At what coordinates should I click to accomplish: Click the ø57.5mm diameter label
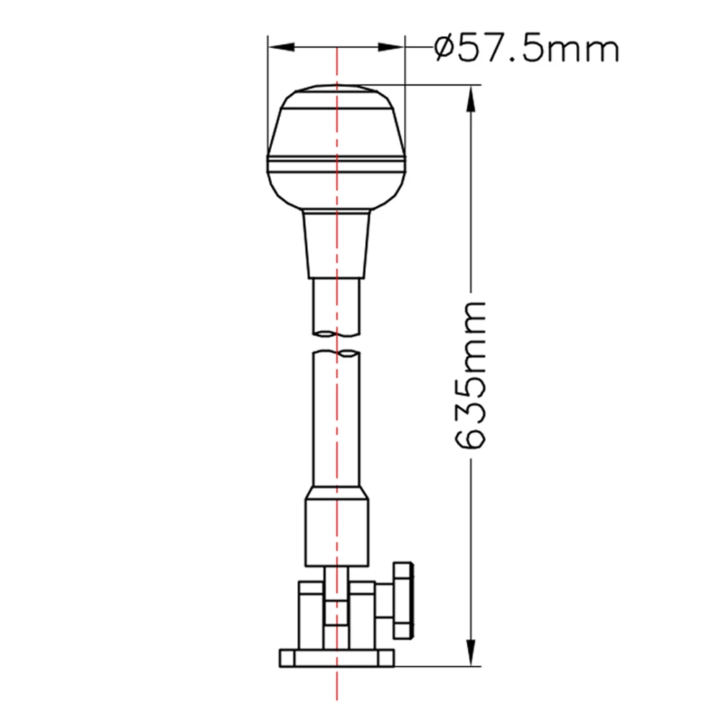click(x=526, y=50)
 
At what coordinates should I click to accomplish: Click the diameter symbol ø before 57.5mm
click(x=445, y=50)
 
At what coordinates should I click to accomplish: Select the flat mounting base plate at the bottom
click(x=336, y=657)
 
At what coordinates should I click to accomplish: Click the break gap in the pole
click(x=336, y=343)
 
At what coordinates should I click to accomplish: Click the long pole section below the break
click(x=336, y=419)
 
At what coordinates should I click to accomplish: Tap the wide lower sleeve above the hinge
click(x=336, y=528)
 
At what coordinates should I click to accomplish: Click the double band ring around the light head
click(x=336, y=166)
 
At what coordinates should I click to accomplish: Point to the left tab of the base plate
click(x=286, y=657)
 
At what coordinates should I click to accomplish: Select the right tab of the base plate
click(x=385, y=657)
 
